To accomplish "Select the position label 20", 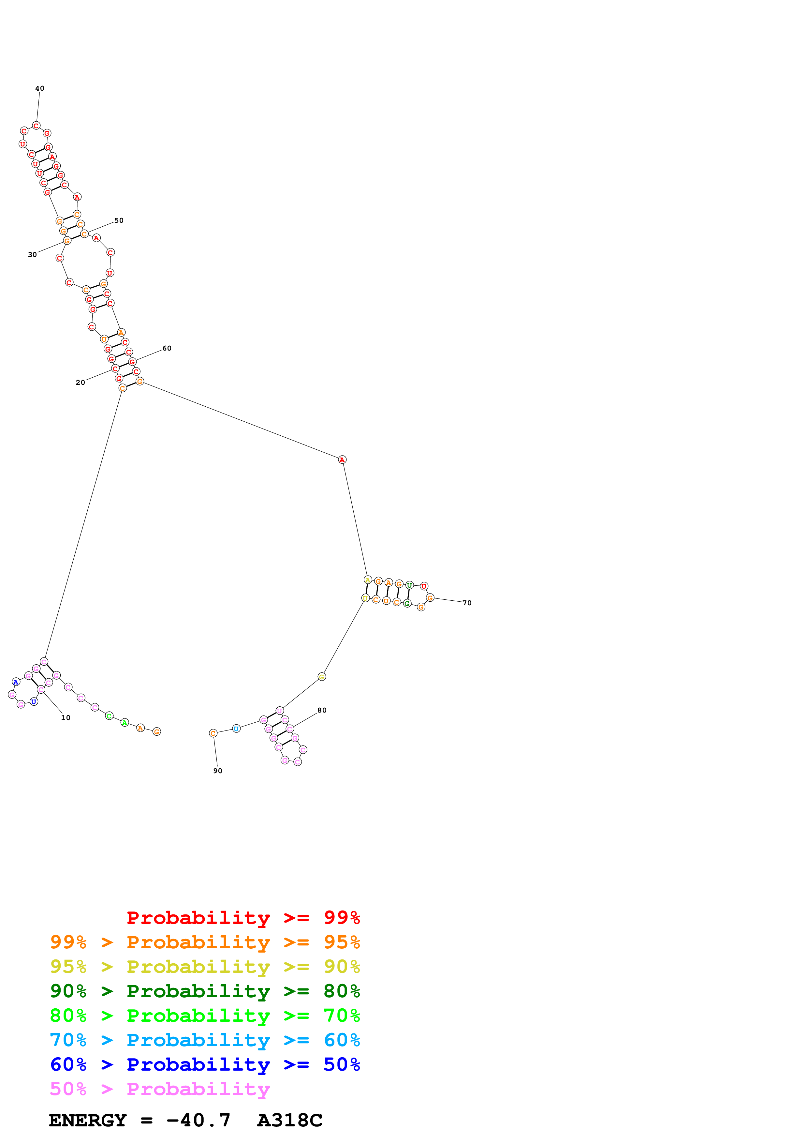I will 80,383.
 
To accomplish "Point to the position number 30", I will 32,255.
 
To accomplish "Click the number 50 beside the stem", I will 119,220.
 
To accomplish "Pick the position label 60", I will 167,348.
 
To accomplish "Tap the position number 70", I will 467,603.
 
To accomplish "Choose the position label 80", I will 322,711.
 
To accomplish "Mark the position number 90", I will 217,771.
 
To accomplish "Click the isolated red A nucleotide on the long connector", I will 342,460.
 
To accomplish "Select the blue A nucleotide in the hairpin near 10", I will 16,682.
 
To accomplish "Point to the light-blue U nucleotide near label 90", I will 237,729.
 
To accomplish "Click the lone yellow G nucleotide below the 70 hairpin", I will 322,677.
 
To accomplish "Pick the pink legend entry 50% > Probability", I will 160,1089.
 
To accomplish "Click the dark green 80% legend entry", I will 205,991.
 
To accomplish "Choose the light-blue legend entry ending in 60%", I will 205,1040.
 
